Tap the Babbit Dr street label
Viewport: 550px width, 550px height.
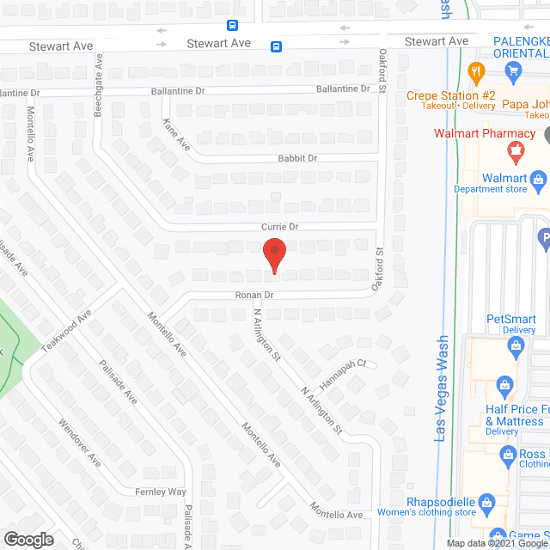click(297, 158)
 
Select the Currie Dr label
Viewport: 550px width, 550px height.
click(279, 226)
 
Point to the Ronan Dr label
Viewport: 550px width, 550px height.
click(255, 295)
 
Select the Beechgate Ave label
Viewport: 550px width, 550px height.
click(99, 85)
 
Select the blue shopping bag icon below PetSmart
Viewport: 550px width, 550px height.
click(516, 347)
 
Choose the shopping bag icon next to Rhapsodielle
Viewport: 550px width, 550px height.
click(487, 501)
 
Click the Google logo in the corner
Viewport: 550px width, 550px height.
click(27, 539)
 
